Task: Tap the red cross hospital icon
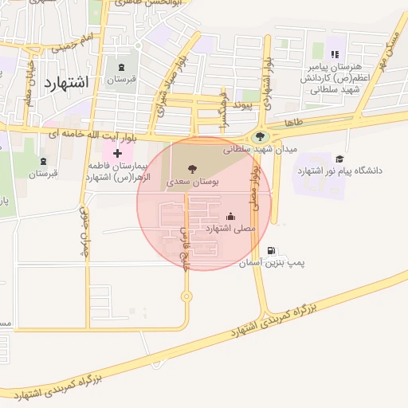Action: [118, 152]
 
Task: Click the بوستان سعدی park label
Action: [190, 182]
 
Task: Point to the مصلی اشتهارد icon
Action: [231, 215]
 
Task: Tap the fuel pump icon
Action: [274, 250]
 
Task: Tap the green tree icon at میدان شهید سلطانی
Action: [260, 137]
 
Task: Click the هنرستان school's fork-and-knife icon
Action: [335, 54]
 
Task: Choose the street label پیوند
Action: [237, 104]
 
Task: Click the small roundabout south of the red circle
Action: [186, 297]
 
